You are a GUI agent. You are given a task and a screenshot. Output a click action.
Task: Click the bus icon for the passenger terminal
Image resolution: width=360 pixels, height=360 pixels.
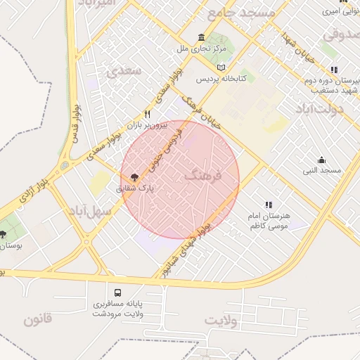117,292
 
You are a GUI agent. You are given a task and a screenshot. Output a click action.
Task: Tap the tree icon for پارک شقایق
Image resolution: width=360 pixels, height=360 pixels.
134,177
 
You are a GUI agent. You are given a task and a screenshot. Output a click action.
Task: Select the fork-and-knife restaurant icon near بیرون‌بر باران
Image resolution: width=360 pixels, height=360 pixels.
148,114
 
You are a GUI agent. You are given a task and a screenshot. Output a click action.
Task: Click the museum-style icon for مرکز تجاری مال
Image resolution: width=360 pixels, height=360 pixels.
202,38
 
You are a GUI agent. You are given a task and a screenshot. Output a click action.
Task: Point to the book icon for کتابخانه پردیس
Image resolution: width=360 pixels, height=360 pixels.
222,67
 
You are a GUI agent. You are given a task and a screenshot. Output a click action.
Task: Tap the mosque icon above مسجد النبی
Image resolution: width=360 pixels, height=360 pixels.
322,160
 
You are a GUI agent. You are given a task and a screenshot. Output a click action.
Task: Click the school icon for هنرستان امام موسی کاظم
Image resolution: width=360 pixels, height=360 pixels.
269,205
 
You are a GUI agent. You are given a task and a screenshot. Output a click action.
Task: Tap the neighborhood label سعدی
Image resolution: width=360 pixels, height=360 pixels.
123,71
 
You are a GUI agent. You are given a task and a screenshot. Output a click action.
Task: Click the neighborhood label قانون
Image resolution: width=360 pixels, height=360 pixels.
37,321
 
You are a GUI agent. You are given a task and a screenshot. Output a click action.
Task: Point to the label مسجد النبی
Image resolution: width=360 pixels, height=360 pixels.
322,171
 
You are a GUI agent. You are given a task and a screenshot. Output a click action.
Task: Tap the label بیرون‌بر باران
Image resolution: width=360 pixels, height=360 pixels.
147,124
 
